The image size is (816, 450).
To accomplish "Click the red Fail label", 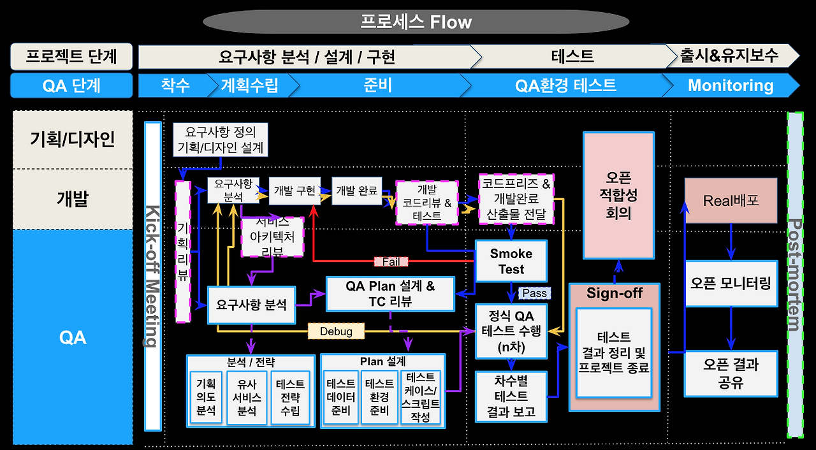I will click(391, 261).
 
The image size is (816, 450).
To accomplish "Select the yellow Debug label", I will click(336, 331).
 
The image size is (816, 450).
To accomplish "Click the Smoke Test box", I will click(511, 261).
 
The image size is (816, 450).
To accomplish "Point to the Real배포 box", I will click(731, 201).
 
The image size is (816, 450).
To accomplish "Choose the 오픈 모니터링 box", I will click(731, 283).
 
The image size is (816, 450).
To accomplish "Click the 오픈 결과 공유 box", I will click(731, 374).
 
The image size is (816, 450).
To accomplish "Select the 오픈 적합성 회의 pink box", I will click(618, 195).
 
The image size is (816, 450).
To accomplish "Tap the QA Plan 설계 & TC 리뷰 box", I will click(390, 294).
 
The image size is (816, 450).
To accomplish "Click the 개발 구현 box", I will click(294, 191).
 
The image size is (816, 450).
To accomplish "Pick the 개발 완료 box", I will click(357, 191).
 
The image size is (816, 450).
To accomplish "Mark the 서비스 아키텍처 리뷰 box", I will click(272, 236).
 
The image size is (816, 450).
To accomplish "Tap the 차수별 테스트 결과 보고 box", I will click(511, 396).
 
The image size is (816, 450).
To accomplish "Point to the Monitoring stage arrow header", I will click(731, 85).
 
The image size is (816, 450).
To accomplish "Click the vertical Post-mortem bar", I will click(795, 275).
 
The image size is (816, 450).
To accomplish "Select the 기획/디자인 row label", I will click(73, 140).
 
